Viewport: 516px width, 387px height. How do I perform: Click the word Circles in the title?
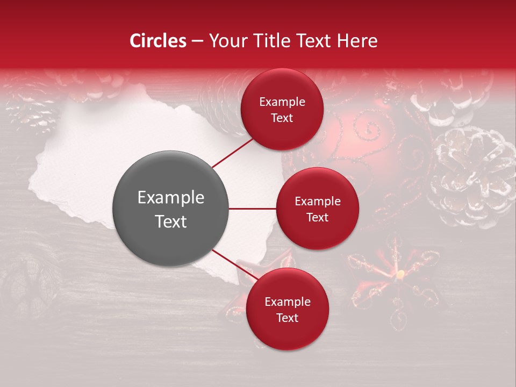(x=158, y=41)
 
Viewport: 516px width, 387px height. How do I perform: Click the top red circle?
(x=282, y=109)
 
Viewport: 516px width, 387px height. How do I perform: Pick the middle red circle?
(x=317, y=209)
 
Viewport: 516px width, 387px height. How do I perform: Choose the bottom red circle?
(x=287, y=309)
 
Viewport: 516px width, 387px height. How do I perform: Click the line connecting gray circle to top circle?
(x=233, y=153)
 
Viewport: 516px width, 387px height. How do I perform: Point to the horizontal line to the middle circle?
(x=253, y=209)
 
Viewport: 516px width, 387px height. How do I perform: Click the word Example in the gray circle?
(x=171, y=198)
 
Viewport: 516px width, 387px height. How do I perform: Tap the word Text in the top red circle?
(x=282, y=118)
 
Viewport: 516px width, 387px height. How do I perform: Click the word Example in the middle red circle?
(x=317, y=201)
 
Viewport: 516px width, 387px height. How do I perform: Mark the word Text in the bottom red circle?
(x=287, y=318)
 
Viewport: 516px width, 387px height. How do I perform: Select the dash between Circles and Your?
(x=197, y=41)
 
